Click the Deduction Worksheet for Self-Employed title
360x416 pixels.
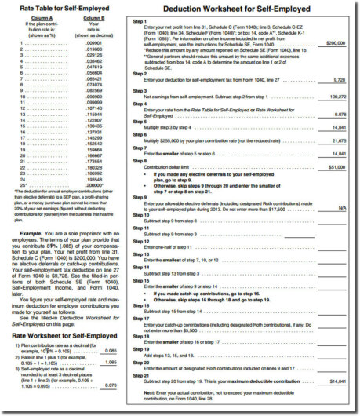point(239,9)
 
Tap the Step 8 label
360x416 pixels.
point(140,162)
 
